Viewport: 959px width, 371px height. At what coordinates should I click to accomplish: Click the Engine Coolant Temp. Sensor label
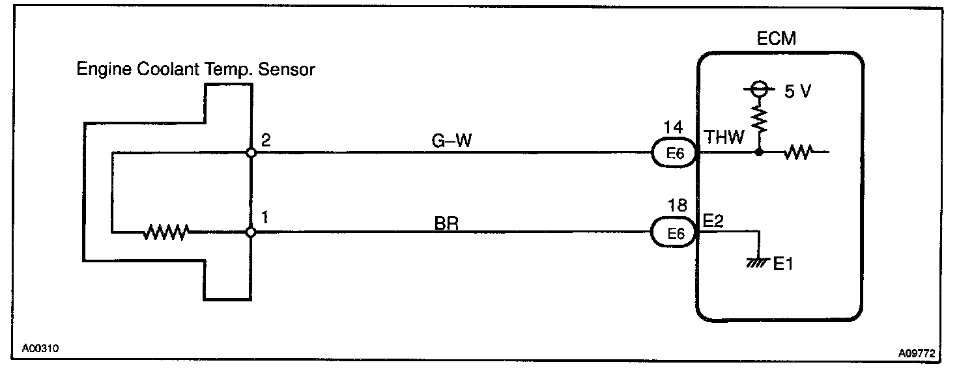coord(195,69)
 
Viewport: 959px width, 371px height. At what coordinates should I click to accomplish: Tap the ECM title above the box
coord(776,38)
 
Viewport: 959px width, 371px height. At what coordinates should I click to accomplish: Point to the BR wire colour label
coord(446,223)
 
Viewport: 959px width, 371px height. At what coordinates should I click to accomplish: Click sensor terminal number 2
coord(265,139)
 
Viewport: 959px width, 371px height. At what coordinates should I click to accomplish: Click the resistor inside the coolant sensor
coord(167,231)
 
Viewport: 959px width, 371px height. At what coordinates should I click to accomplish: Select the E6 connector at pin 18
coord(674,233)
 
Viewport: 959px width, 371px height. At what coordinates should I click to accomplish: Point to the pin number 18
coord(677,206)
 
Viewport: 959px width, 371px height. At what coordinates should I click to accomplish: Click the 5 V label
coord(797,92)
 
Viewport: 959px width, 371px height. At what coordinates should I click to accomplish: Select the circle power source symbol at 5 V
coord(758,90)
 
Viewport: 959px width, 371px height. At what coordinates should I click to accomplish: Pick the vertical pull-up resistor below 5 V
coord(758,120)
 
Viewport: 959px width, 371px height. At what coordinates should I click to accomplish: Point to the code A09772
coord(917,353)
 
